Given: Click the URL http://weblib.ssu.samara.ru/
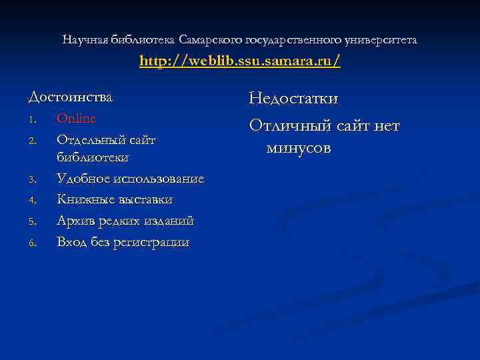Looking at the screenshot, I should click(x=240, y=61).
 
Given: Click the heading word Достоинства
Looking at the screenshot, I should click(x=71, y=97).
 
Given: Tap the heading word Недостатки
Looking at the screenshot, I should click(x=293, y=99).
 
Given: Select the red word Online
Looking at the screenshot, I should click(x=76, y=118).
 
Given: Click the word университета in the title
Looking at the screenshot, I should click(x=381, y=40).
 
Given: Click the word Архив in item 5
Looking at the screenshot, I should click(x=74, y=221).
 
